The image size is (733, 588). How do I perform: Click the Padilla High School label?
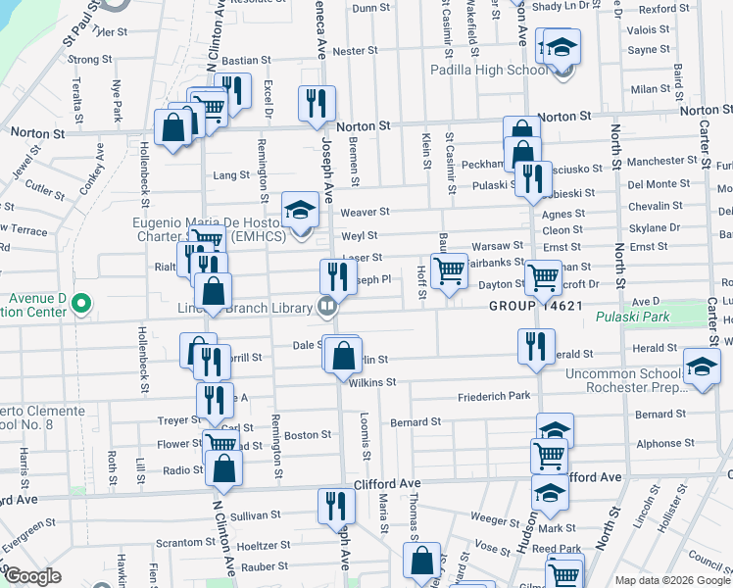coord(490,71)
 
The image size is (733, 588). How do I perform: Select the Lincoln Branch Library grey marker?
coord(328,307)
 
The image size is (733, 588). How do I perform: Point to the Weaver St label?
coord(366,212)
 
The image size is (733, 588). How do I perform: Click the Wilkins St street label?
coord(371,381)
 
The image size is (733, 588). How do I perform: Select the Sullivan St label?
coord(256,514)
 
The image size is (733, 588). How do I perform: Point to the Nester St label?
coord(355,51)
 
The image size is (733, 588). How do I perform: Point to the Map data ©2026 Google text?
coord(671,580)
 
